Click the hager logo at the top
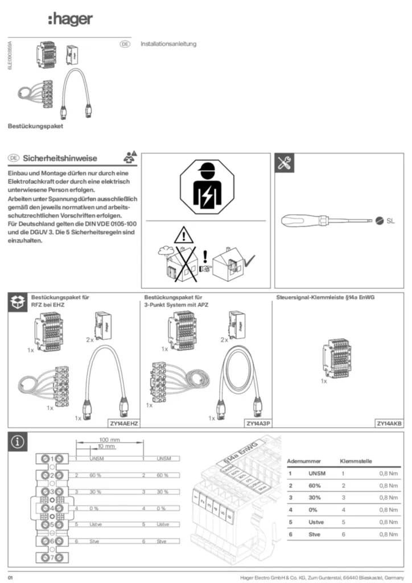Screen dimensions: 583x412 (70, 20)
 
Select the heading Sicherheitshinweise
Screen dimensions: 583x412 (60, 158)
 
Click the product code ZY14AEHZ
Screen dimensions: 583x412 (124, 424)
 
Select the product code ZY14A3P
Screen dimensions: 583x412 (258, 424)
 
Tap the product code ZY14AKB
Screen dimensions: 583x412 (389, 424)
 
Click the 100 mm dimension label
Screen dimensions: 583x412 (109, 440)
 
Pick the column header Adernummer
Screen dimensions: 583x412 (304, 461)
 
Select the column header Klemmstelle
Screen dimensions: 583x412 (356, 461)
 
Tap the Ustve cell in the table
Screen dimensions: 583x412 (316, 522)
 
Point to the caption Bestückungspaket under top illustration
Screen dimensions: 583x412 (35, 126)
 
